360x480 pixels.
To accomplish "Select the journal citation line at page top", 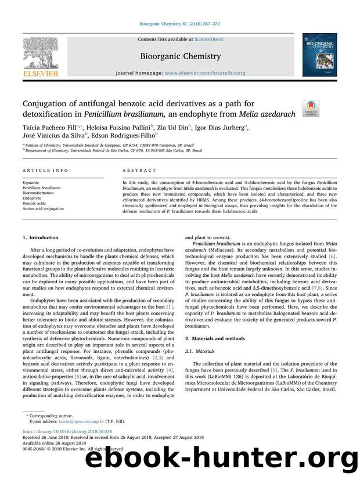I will click(x=179, y=24).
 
